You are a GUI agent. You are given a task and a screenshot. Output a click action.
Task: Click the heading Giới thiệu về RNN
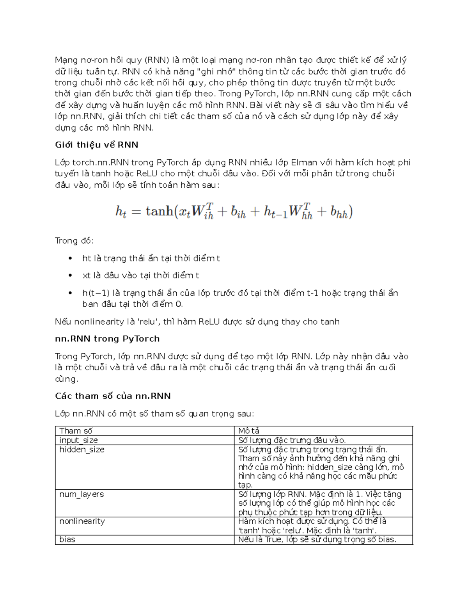coord(97,145)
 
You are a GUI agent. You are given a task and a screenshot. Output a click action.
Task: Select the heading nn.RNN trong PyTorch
coord(107,339)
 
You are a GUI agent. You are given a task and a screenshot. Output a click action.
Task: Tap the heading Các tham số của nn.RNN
coord(113,396)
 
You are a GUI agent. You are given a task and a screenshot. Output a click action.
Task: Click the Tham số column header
coord(76,431)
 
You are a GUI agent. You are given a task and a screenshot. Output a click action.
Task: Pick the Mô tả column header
coord(249,431)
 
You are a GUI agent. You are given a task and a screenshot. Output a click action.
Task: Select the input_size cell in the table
coord(78,440)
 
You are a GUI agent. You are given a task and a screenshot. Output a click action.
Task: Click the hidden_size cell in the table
coord(82,450)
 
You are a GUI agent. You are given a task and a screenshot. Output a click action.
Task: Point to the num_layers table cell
coord(82,494)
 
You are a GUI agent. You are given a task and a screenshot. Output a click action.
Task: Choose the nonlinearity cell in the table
coord(82,521)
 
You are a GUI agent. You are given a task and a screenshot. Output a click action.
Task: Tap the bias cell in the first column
coord(67,539)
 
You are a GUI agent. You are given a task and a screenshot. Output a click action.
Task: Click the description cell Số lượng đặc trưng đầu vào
coord(292,440)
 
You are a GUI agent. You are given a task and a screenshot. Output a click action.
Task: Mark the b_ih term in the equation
coord(238,213)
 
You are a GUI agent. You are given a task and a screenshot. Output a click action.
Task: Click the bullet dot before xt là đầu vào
coord(70,275)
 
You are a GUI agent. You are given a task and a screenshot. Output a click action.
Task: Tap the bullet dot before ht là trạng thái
coord(70,258)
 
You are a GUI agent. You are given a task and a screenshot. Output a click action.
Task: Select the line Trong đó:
coord(74,241)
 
